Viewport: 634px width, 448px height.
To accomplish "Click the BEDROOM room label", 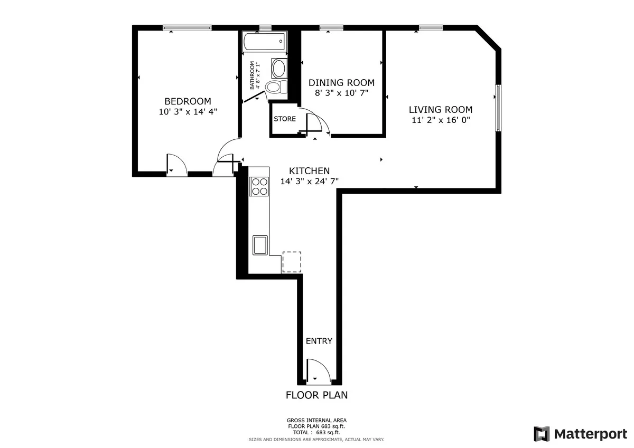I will click(x=188, y=101).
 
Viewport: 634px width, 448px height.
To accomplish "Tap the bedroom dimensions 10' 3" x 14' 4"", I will click(x=188, y=112).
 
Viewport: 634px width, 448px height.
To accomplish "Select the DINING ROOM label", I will click(x=341, y=83).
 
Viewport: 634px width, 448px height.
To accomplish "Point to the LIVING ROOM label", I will click(x=440, y=110).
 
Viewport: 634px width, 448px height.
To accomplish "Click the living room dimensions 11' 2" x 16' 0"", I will click(x=440, y=120).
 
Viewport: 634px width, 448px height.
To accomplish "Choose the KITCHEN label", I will click(x=309, y=171).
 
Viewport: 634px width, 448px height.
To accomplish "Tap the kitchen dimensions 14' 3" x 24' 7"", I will click(x=309, y=181).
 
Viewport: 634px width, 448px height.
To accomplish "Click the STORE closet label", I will click(x=284, y=119).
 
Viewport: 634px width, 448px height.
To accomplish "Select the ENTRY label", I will click(x=319, y=341).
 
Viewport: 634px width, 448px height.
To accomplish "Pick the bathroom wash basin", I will click(x=279, y=68).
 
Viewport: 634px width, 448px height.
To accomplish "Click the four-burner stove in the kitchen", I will click(x=259, y=186).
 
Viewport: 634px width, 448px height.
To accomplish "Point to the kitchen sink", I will click(x=260, y=245).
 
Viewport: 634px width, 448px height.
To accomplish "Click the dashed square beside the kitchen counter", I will click(x=292, y=262).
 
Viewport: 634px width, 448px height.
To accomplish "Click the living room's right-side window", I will click(x=498, y=108).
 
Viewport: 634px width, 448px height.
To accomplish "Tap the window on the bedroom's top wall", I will click(x=187, y=28).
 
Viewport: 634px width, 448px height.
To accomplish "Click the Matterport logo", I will click(x=580, y=434).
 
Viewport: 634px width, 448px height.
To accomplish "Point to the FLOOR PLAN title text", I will click(x=316, y=395).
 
